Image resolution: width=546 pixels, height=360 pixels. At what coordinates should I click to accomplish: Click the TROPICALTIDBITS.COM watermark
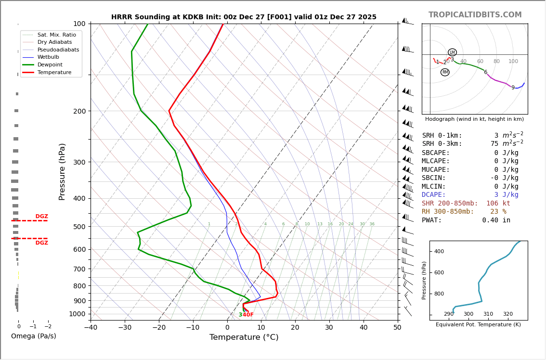[x=475, y=15]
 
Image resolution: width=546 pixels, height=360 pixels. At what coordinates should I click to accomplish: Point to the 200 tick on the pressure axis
[x=79, y=111]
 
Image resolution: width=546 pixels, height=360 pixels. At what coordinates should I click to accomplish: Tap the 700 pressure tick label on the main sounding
[x=79, y=269]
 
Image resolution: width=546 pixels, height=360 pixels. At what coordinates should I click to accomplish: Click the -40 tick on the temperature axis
[x=91, y=328]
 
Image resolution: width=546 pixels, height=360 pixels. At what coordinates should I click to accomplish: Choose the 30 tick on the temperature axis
[x=329, y=328]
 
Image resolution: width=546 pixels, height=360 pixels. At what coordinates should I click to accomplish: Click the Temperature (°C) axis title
[x=244, y=337]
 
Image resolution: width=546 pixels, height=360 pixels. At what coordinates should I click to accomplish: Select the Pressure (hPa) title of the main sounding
[x=63, y=171]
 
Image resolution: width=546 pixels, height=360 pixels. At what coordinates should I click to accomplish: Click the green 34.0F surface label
[x=246, y=315]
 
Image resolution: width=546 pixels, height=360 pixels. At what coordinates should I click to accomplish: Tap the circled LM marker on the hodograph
[x=452, y=52]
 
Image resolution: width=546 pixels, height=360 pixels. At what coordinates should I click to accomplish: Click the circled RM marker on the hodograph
[x=445, y=72]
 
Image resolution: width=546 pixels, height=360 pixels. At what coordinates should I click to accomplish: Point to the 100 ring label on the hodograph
[x=513, y=62]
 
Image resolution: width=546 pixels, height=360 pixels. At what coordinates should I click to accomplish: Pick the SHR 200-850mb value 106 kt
[x=498, y=204]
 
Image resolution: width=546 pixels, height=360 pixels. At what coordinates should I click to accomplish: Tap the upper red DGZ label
[x=41, y=217]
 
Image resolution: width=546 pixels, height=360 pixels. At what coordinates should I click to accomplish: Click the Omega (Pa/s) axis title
[x=34, y=336]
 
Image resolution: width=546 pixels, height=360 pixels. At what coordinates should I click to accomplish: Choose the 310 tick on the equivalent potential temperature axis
[x=488, y=314]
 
